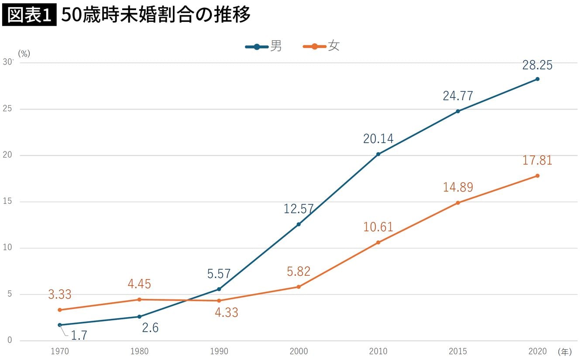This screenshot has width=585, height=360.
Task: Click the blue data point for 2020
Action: click(x=537, y=79)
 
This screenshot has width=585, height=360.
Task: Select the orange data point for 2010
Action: click(x=378, y=242)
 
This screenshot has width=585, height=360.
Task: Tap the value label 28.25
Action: click(x=537, y=65)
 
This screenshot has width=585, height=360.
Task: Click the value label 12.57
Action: click(x=299, y=209)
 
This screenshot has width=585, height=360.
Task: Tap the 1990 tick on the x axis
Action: click(x=219, y=351)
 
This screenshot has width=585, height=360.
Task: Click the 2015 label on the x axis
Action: click(x=458, y=351)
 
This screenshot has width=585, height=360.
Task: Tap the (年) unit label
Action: click(x=564, y=351)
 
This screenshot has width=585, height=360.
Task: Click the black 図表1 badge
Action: click(x=29, y=15)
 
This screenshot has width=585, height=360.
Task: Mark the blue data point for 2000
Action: click(x=299, y=224)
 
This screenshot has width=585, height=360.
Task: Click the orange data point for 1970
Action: click(x=59, y=310)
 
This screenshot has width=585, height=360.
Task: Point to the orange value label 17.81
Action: click(x=537, y=161)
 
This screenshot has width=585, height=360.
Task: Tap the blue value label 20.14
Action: click(x=378, y=139)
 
